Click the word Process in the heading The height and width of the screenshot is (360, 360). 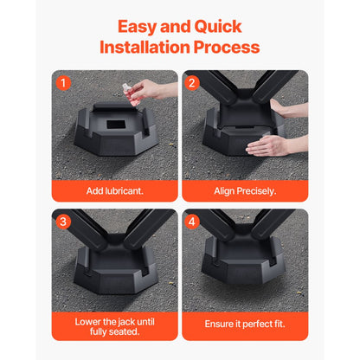[227, 47]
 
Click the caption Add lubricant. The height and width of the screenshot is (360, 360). [114, 190]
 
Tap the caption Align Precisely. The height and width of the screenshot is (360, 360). [245, 190]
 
